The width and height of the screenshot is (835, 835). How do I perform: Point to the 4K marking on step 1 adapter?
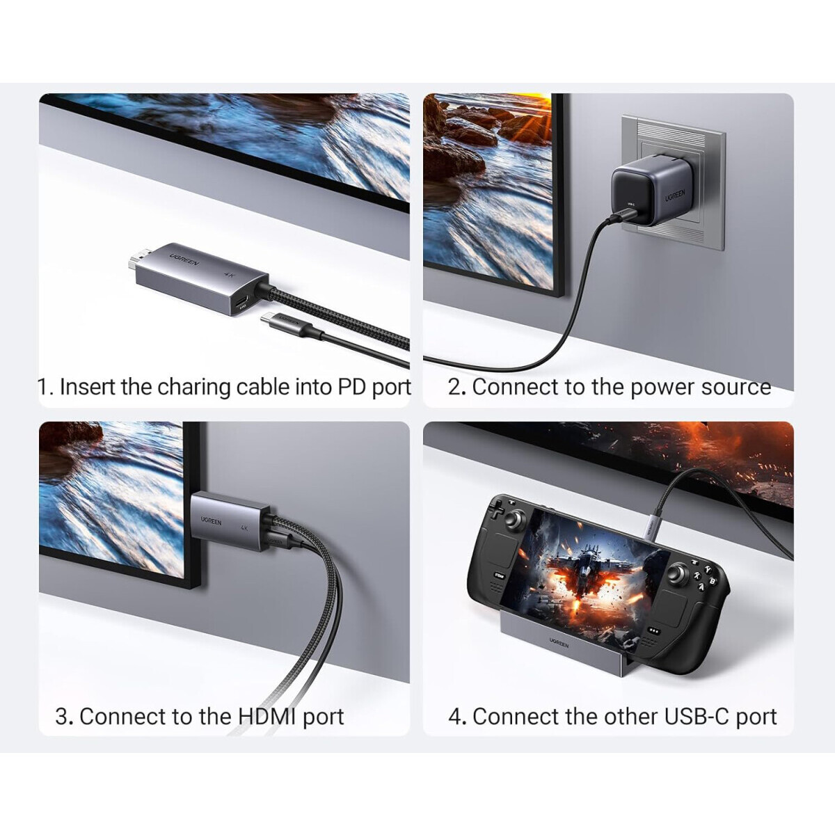pyautogui.click(x=229, y=274)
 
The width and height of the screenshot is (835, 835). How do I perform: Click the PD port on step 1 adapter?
pyautogui.click(x=243, y=303)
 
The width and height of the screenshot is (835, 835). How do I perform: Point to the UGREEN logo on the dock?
pyautogui.click(x=558, y=644)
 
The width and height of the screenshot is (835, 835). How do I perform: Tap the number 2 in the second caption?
pyautogui.click(x=455, y=387)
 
